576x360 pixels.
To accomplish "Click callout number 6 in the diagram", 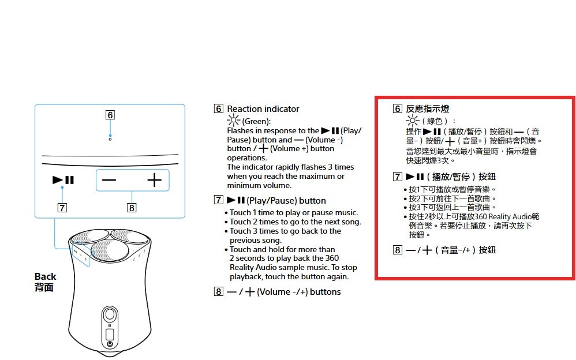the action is (x=110, y=115).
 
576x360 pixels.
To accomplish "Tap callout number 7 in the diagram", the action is (x=62, y=208).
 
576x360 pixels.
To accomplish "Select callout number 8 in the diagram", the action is (x=132, y=208).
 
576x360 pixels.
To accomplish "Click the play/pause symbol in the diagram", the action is (x=63, y=179).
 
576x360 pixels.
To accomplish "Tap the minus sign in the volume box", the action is (x=109, y=180).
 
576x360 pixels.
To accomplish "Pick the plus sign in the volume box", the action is (x=154, y=180).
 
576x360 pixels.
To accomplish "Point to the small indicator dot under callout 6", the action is (x=110, y=139).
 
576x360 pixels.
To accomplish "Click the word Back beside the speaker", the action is (x=45, y=276).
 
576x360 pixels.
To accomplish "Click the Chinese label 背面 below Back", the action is (x=44, y=287).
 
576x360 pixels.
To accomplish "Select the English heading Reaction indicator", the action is (x=263, y=108).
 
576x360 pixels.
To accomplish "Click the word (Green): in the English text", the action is (x=256, y=121).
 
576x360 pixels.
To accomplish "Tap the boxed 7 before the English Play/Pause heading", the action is (x=219, y=200).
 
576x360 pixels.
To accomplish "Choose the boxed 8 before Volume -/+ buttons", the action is (x=219, y=291).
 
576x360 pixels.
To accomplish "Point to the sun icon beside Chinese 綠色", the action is (x=412, y=121).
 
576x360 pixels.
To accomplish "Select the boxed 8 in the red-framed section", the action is (x=397, y=250).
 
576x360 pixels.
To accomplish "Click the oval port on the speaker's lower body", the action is (x=110, y=315).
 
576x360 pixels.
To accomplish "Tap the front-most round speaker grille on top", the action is (x=110, y=250).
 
